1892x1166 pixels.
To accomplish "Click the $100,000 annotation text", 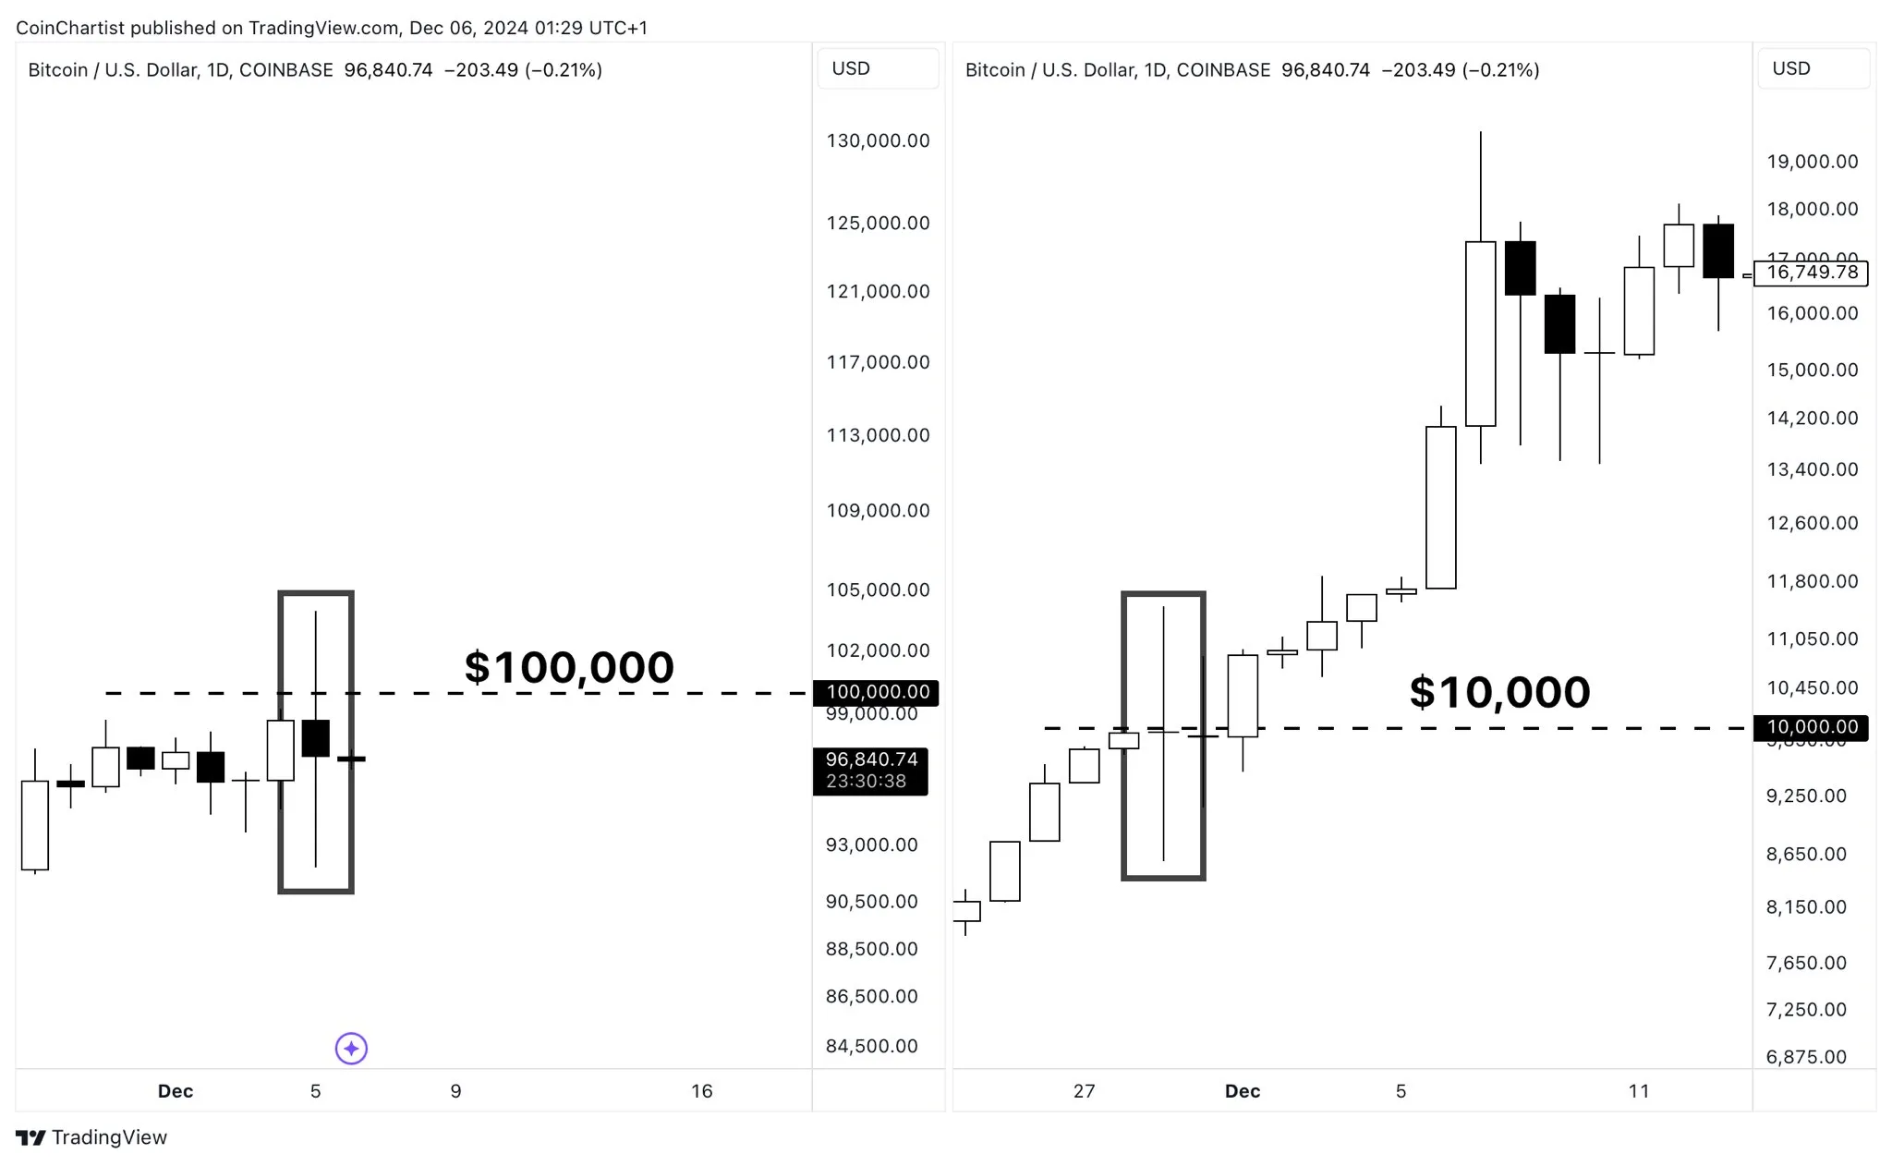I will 569,667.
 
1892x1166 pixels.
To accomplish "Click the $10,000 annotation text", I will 1499,692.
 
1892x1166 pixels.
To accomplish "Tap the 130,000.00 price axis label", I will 878,141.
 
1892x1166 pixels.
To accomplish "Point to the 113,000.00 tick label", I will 878,435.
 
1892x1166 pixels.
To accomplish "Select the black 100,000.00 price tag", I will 877,692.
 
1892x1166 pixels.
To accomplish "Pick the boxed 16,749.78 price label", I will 1811,273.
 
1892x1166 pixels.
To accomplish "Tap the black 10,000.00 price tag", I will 1811,727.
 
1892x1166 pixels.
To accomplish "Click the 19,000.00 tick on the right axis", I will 1812,162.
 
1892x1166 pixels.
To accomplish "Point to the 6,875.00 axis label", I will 1806,1057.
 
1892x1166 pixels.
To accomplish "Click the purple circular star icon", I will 351,1048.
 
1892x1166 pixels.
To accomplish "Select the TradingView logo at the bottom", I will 91,1137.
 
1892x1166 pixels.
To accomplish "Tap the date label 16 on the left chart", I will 702,1091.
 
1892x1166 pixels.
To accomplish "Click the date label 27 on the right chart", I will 1084,1091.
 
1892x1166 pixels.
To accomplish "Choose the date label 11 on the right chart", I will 1638,1091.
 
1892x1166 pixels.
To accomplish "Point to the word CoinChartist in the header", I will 70,28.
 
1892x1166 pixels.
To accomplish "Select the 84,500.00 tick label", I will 871,1046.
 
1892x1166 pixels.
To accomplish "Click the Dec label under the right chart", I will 1242,1091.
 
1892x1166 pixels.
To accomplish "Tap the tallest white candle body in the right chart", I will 1480,333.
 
